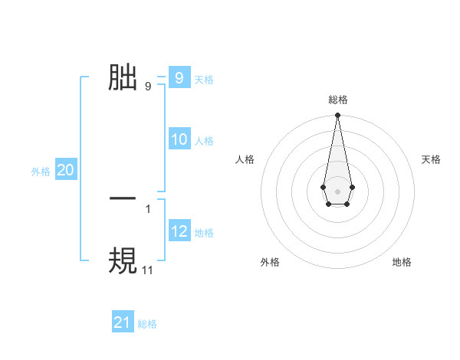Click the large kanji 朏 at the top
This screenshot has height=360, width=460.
tap(123, 77)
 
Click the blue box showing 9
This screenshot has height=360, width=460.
tap(179, 78)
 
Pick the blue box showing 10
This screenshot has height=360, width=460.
tap(179, 139)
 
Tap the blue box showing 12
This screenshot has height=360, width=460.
tap(179, 231)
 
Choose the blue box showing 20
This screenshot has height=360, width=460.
tap(65, 170)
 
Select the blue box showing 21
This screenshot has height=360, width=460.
tap(123, 322)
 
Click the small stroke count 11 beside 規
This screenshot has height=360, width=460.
tap(148, 270)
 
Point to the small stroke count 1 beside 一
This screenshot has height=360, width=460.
tap(148, 208)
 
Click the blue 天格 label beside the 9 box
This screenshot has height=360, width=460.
tap(204, 80)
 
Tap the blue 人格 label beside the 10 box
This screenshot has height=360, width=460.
tap(204, 141)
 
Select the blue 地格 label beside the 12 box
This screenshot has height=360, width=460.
tap(204, 233)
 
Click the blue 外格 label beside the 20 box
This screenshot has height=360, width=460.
tap(41, 172)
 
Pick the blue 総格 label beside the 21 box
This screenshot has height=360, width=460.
tap(147, 324)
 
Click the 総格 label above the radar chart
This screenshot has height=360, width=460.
tap(337, 100)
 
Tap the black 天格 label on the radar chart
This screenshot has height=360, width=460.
tap(431, 159)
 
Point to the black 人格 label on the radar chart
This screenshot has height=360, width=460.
tap(245, 159)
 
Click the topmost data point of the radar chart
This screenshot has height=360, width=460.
tap(337, 116)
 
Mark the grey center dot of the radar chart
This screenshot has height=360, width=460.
tap(337, 191)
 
